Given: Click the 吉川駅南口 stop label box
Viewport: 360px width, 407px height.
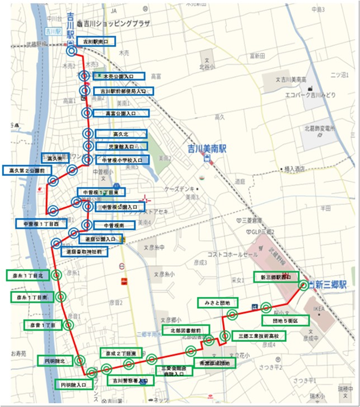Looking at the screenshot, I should pyautogui.click(x=96, y=41).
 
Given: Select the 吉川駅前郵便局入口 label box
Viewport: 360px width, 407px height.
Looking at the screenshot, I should pyautogui.click(x=123, y=91).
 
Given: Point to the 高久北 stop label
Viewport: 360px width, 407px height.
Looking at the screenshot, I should pyautogui.click(x=121, y=133).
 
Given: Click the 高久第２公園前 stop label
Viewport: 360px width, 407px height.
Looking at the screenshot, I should pyautogui.click(x=27, y=170).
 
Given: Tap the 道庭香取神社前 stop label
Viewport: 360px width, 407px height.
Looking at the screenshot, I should pyautogui.click(x=84, y=252).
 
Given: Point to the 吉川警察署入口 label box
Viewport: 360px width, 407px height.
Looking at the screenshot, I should pyautogui.click(x=129, y=380).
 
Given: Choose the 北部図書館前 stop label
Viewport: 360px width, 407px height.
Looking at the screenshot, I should pyautogui.click(x=185, y=330).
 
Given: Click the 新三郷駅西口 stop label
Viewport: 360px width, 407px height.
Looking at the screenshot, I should pyautogui.click(x=276, y=277).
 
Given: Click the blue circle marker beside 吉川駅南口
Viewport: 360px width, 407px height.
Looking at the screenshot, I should pyautogui.click(x=71, y=51).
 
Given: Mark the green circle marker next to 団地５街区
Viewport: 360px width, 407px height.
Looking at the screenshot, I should pyautogui.click(x=266, y=307).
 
